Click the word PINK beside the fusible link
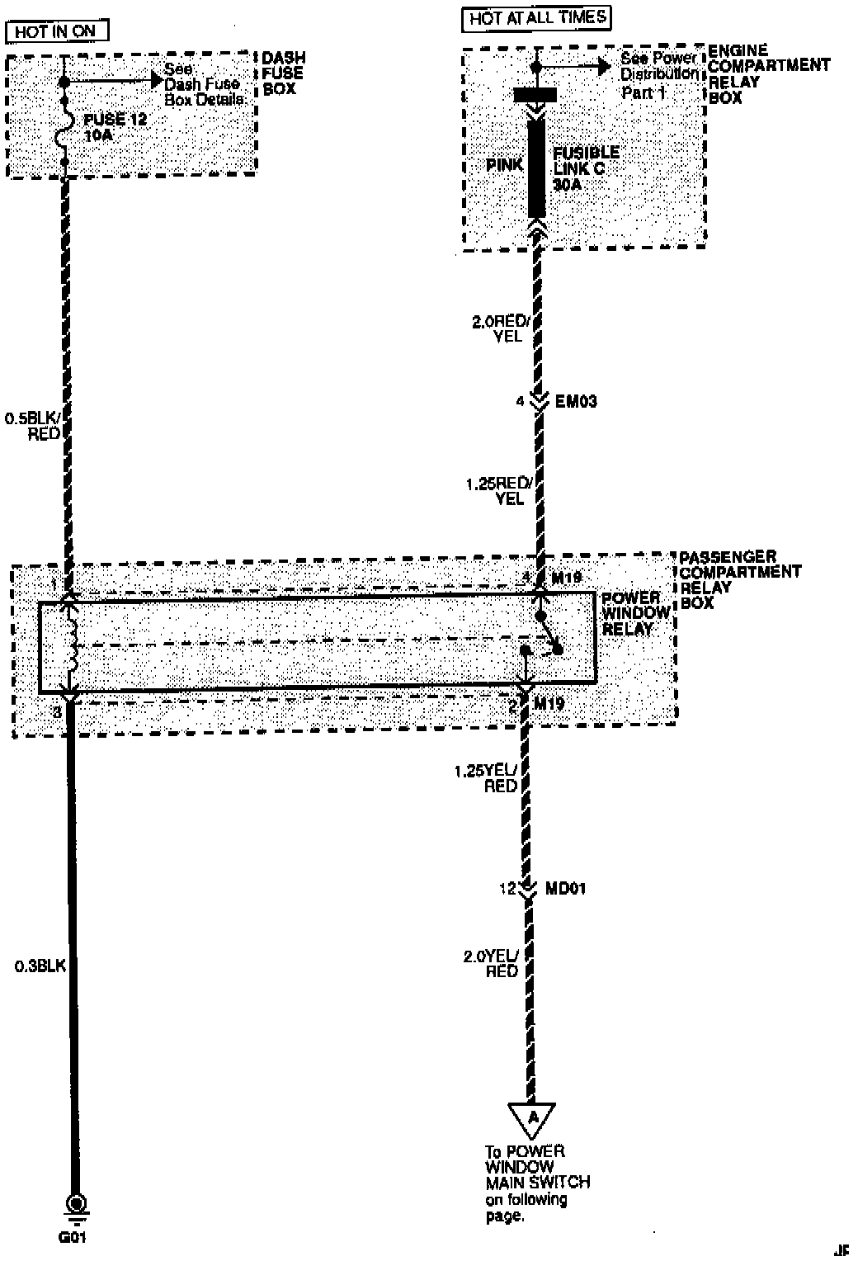point(504,165)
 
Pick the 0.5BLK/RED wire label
point(33,426)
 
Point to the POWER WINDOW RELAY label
point(635,613)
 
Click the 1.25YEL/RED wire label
point(487,778)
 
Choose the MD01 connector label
point(566,889)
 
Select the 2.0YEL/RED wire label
point(492,964)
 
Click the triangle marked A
point(532,1118)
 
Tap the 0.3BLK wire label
point(40,964)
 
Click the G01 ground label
point(72,1237)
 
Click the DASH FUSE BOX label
point(283,73)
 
